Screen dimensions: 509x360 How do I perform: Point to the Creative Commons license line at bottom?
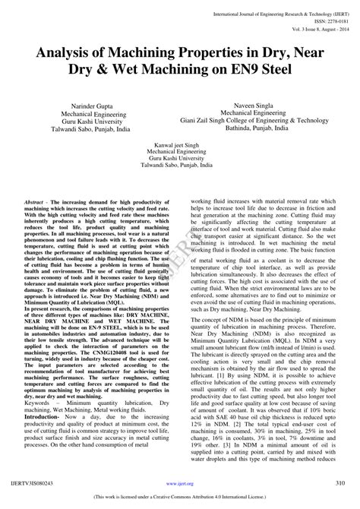(x=180, y=499)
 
